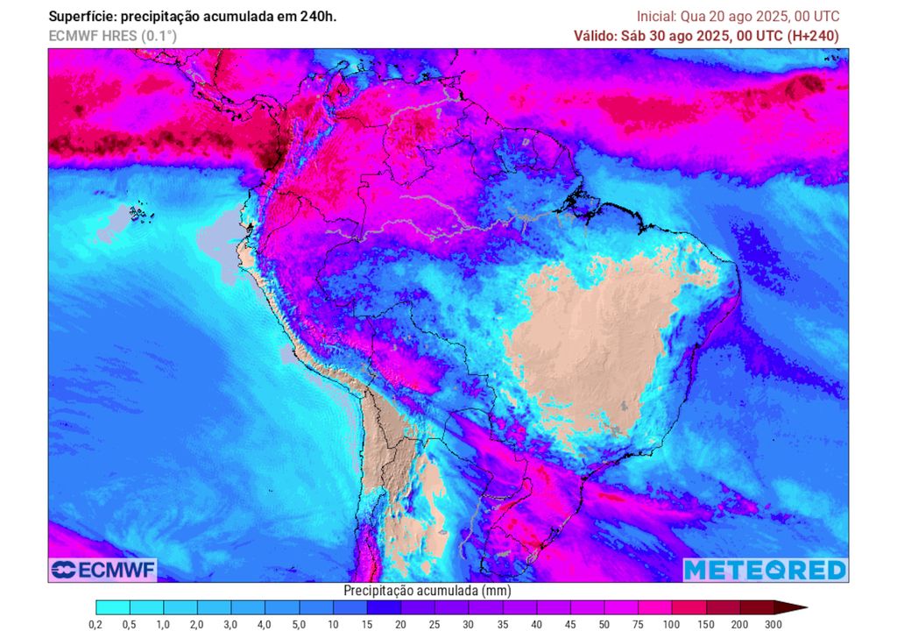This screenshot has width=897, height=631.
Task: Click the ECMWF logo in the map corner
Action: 102,570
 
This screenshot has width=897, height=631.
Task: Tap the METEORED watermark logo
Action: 765,570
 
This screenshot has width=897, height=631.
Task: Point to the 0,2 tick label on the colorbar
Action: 95,624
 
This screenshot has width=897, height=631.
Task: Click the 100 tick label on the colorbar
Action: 673,624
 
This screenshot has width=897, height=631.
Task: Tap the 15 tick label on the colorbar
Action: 367,624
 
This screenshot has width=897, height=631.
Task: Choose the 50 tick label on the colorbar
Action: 604,624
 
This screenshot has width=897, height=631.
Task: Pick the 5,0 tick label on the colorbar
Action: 299,624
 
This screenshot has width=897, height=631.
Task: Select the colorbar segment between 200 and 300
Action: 757,607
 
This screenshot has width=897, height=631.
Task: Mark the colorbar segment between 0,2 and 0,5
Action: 112,607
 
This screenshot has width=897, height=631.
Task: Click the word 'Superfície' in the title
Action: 81,17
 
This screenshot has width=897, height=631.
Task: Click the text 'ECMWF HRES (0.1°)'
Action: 112,36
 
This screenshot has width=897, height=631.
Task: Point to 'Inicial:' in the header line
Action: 656,17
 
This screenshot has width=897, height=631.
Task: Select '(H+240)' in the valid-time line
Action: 813,36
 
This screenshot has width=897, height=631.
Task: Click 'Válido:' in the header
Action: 596,36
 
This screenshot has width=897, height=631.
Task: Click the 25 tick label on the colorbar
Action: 434,624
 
